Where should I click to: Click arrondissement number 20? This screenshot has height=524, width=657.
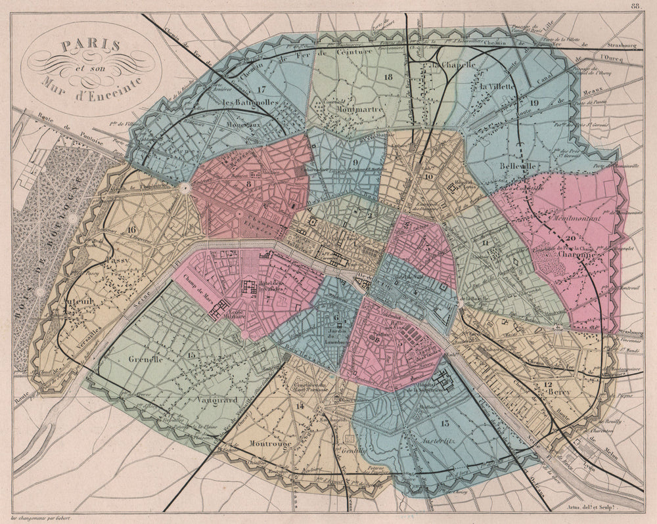(x=570, y=238)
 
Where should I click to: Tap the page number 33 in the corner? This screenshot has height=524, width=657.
(x=635, y=6)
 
